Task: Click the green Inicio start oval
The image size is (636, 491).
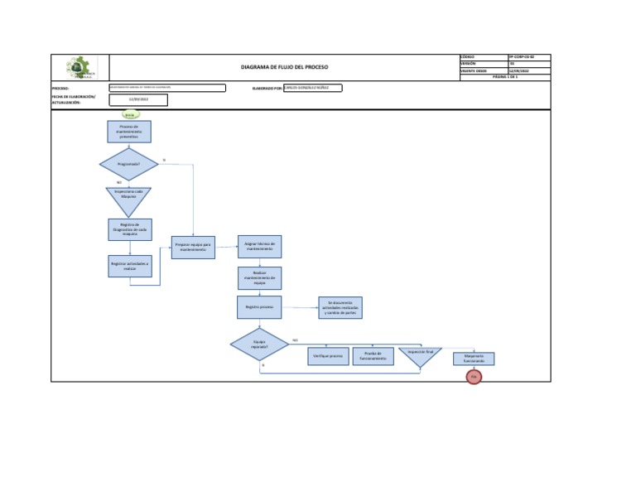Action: pyautogui.click(x=129, y=114)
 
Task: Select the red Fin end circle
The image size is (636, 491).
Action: pyautogui.click(x=474, y=377)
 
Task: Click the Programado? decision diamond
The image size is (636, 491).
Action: pyautogui.click(x=128, y=164)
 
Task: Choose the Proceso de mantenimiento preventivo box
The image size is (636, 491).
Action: pyautogui.click(x=128, y=132)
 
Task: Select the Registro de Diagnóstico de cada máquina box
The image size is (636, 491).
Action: pyautogui.click(x=129, y=229)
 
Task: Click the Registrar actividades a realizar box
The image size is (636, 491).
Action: pyautogui.click(x=129, y=265)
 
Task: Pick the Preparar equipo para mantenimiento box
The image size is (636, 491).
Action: pyautogui.click(x=193, y=247)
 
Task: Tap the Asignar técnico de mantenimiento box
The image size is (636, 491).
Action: pyautogui.click(x=259, y=246)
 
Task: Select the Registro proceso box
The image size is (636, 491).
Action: pyautogui.click(x=259, y=306)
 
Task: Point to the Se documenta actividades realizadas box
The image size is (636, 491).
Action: pyautogui.click(x=340, y=307)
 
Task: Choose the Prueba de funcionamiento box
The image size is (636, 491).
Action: pyautogui.click(x=373, y=356)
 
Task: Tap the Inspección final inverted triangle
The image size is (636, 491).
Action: pyautogui.click(x=421, y=355)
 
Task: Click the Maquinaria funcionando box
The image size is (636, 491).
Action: pyautogui.click(x=474, y=359)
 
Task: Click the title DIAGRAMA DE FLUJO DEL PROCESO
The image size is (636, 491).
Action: pyautogui.click(x=284, y=68)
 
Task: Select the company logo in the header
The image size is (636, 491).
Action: pyautogui.click(x=80, y=68)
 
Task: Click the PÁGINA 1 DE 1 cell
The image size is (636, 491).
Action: pyautogui.click(x=504, y=77)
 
